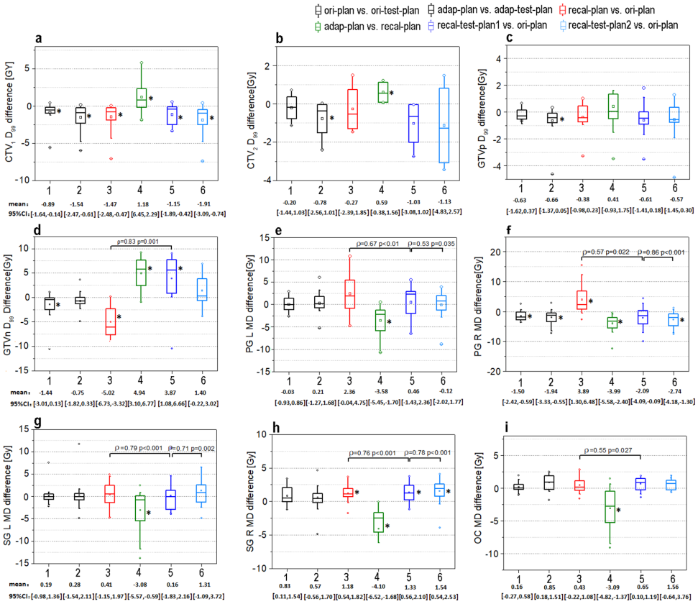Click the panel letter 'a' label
tap(37, 40)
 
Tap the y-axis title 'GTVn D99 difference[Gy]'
tap(9, 300)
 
